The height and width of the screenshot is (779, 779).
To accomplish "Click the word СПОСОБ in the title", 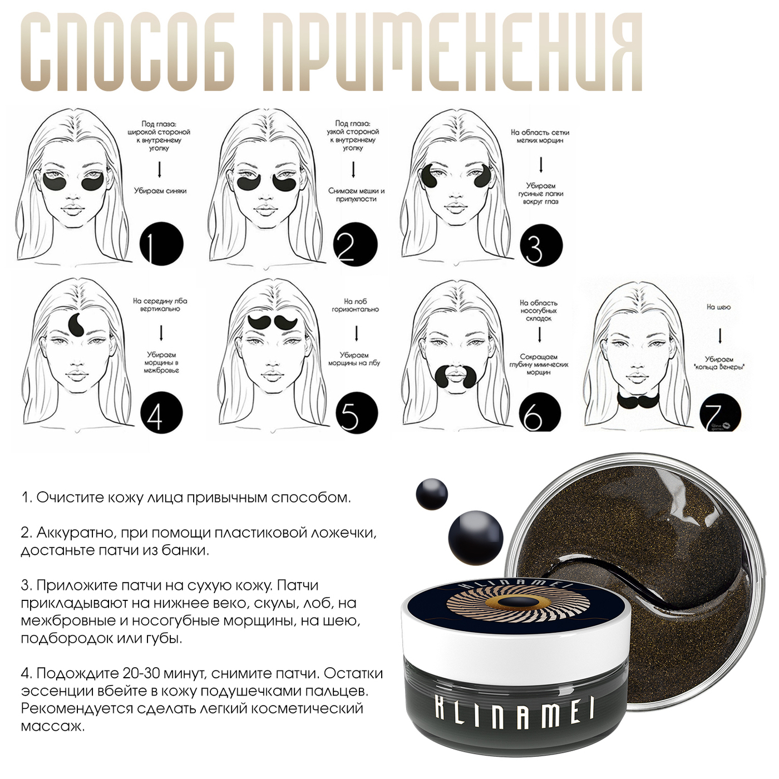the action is point(128,52).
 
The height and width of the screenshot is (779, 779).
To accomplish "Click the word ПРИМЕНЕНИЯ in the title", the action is point(452,52).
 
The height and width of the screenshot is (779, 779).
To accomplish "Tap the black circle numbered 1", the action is point(161,244).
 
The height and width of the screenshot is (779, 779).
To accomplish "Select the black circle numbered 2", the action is point(356,245).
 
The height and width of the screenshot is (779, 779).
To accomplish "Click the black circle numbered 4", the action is point(162,413).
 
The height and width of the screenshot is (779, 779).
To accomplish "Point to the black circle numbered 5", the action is point(357,413).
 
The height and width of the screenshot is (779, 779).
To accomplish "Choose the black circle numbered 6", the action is point(540,413).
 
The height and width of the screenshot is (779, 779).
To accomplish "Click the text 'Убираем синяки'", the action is point(160,191).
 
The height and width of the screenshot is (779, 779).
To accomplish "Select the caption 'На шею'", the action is point(718,307).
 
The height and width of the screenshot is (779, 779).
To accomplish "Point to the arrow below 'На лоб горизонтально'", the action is point(357,333).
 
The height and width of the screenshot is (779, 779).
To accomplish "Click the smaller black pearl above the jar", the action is point(432,494).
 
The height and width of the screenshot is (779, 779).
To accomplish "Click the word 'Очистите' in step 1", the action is point(70,497).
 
